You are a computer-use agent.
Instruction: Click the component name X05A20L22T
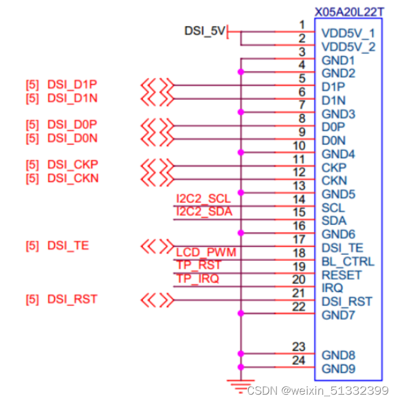point(350,12)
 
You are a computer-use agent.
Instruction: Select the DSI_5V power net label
point(205,30)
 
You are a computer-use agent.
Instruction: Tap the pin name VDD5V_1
point(348,34)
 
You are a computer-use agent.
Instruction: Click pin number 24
point(298,360)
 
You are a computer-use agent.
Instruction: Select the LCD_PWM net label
point(206,252)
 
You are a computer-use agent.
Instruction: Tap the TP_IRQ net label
point(197,279)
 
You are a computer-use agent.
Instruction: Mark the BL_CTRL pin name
point(348,261)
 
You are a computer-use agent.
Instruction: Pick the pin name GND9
point(338,369)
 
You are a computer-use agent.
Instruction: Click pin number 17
point(298,239)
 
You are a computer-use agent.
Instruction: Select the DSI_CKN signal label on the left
point(73,178)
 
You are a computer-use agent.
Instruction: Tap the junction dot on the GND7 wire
point(241,314)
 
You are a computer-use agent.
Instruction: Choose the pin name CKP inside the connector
point(334,167)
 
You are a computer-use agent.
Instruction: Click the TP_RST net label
point(198,265)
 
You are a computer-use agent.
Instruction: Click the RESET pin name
point(341,275)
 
